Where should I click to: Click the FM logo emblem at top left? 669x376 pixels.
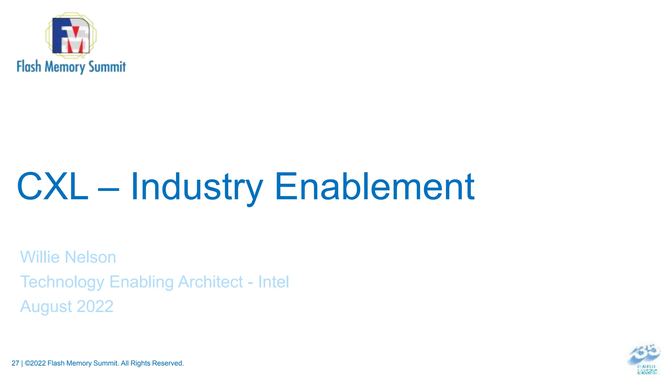(x=71, y=35)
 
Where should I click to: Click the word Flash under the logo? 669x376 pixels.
(x=29, y=67)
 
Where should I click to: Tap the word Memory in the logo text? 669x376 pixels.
(x=65, y=67)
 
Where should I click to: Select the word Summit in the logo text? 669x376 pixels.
(x=107, y=67)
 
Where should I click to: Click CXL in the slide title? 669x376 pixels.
(x=53, y=187)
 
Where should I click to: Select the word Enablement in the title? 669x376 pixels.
(x=375, y=187)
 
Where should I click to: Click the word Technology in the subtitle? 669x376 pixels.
(x=62, y=282)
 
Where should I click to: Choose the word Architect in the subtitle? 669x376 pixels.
(x=211, y=282)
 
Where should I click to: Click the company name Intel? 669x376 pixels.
(x=273, y=282)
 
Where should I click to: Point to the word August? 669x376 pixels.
(x=46, y=307)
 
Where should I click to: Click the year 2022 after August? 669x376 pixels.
(x=95, y=306)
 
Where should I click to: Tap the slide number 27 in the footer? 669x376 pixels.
(x=15, y=363)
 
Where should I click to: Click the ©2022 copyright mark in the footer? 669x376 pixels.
(x=35, y=363)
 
